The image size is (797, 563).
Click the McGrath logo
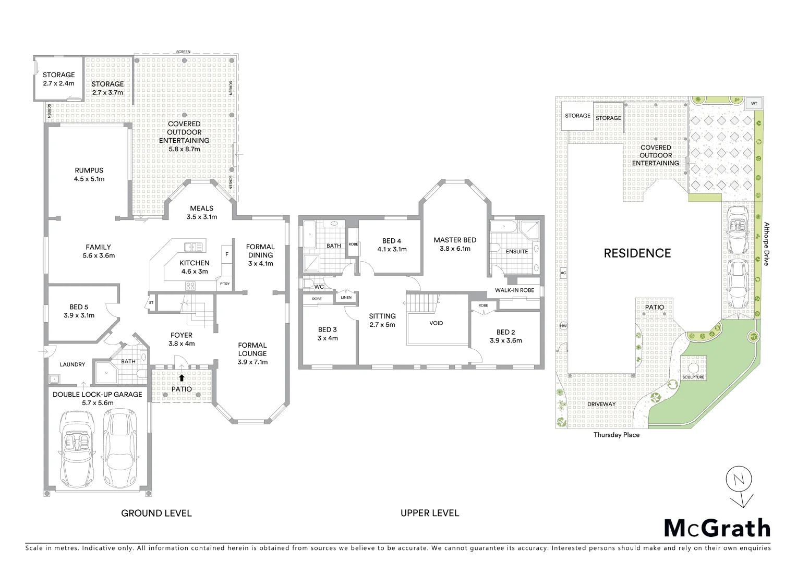pyautogui.click(x=717, y=528)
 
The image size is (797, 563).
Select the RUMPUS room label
pyautogui.click(x=89, y=170)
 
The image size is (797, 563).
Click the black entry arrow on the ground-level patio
pyautogui.click(x=182, y=378)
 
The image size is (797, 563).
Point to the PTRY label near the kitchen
pyautogui.click(x=225, y=284)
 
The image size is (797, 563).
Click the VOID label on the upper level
pyautogui.click(x=436, y=323)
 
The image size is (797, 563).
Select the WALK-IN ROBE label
pyautogui.click(x=514, y=290)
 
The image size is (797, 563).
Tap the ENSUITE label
pyautogui.click(x=516, y=251)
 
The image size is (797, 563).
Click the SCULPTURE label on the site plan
pyautogui.click(x=693, y=377)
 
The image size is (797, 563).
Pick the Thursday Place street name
pyautogui.click(x=616, y=435)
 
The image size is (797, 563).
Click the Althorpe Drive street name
pyautogui.click(x=766, y=244)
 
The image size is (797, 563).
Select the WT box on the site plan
pyautogui.click(x=754, y=104)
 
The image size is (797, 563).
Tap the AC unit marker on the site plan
pyautogui.click(x=563, y=273)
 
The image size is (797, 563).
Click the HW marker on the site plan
pyautogui.click(x=563, y=326)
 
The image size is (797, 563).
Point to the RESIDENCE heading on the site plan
pyautogui.click(x=637, y=253)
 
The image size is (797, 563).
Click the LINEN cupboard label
pyautogui.click(x=346, y=298)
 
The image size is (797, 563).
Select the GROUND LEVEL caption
pyautogui.click(x=156, y=513)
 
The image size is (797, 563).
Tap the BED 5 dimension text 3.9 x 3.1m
pyautogui.click(x=79, y=315)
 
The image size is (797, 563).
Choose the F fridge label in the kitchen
pyautogui.click(x=226, y=254)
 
